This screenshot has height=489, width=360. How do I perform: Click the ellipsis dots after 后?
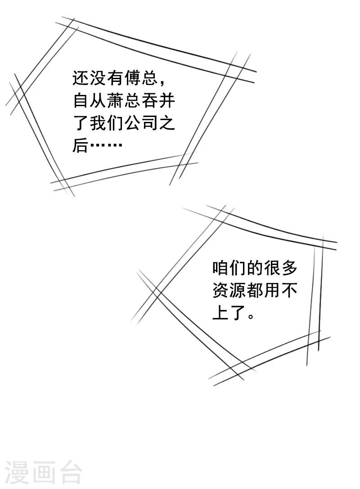pos(106,146)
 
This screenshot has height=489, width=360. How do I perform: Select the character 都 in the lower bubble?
pos(254,291)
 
